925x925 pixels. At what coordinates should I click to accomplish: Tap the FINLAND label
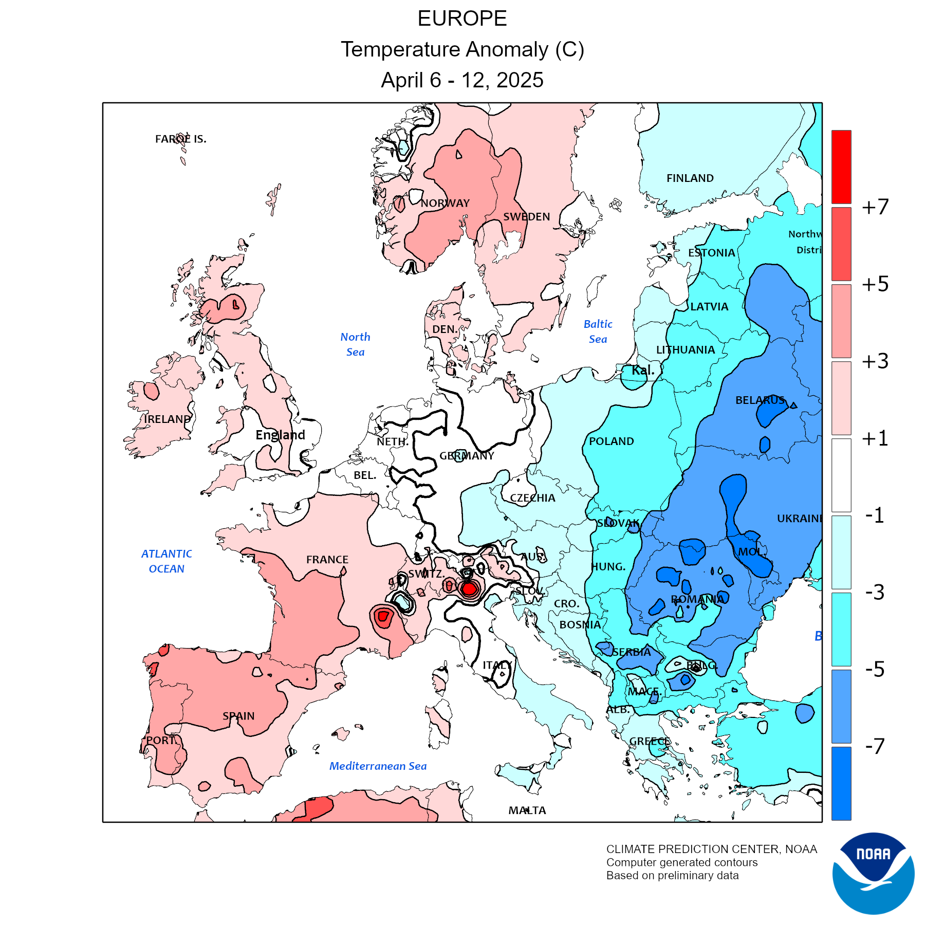690,178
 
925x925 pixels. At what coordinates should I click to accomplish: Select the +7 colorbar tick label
875,207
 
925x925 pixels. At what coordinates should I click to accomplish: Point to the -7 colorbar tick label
875,746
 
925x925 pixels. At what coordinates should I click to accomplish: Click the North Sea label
355,344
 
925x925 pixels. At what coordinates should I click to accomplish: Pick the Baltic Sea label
598,331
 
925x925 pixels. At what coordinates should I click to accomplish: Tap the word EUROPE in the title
462,19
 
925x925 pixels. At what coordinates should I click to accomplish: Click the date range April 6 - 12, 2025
462,80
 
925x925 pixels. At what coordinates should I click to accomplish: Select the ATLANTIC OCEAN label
166,561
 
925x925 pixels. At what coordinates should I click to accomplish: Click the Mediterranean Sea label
378,766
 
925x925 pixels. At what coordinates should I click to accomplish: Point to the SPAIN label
238,716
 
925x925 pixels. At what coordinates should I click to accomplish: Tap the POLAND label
611,441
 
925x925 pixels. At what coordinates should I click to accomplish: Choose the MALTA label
527,810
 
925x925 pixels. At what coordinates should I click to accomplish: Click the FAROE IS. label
180,139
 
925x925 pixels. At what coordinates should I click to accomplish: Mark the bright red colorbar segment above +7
841,167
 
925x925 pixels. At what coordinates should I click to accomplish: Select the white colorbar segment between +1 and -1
841,475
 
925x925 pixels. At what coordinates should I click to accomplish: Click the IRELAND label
167,419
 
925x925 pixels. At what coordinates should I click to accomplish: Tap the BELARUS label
760,400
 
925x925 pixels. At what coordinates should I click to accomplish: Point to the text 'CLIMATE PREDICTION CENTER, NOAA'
711,849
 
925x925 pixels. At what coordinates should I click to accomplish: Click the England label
280,435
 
